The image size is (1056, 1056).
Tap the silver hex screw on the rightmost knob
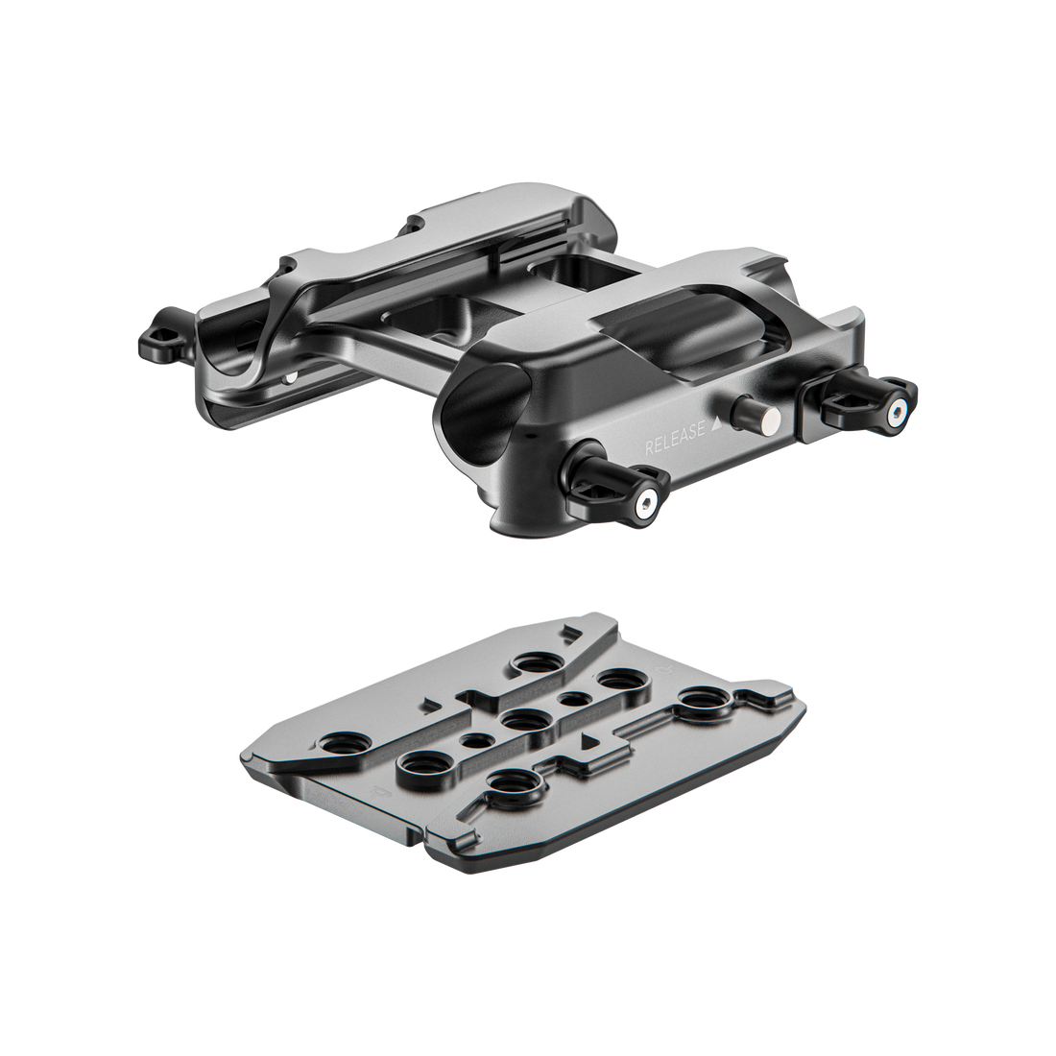896,414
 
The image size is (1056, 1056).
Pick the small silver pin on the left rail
290,378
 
